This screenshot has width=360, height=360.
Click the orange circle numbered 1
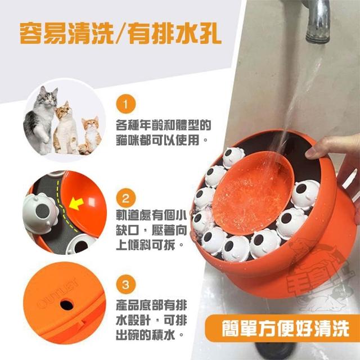coord(125,104)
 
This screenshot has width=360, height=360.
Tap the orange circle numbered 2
coord(125,198)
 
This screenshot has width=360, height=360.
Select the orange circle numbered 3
coord(125,285)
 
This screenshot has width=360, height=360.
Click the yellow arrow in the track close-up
coord(76,204)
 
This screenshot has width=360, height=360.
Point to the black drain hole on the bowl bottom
coord(66,305)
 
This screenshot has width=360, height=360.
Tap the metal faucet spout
coord(317,22)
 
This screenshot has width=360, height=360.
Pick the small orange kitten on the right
coord(90,136)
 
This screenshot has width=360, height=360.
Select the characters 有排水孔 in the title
coord(175,33)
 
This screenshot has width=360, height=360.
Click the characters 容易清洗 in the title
coord(67,33)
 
